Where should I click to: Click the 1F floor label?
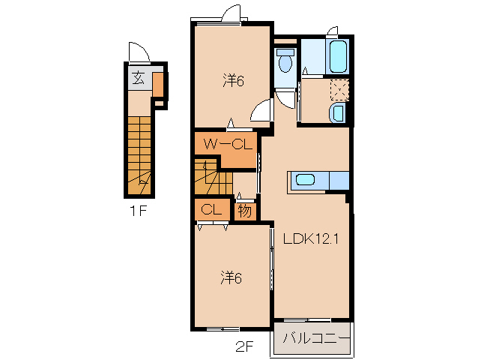[138, 211]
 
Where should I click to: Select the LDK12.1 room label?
[312, 241]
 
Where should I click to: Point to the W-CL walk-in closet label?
[226, 143]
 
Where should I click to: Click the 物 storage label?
[245, 211]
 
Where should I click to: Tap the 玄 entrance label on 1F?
[139, 77]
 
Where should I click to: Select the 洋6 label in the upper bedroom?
[233, 80]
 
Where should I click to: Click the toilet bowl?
[284, 62]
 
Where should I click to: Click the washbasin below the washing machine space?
[338, 114]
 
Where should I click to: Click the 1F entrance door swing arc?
[139, 52]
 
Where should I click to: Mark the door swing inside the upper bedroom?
[261, 110]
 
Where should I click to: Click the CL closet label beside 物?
[211, 211]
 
